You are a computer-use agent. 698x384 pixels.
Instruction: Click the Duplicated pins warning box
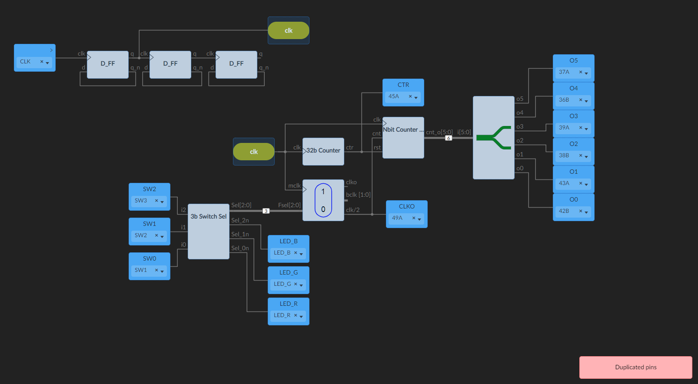[x=635, y=367]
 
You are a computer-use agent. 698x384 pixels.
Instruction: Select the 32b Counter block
[x=323, y=151]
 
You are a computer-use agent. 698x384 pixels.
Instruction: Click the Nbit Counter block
[x=403, y=137]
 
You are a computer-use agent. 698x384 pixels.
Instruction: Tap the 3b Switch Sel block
[x=208, y=231]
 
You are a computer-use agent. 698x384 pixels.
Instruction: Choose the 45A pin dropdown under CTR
[x=403, y=97]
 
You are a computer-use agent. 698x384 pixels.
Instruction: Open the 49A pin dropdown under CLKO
[x=406, y=218]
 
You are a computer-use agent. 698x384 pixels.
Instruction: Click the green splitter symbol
[x=494, y=138]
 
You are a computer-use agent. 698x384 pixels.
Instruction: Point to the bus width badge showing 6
[x=449, y=138]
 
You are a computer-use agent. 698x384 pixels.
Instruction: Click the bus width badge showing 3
[x=266, y=211]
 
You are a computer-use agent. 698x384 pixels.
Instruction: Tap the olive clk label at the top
[x=289, y=30]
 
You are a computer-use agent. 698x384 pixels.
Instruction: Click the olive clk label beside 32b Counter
[x=254, y=152]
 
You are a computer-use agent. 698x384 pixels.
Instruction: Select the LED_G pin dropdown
[x=288, y=285]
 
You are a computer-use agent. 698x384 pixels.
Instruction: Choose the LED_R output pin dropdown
[x=288, y=316]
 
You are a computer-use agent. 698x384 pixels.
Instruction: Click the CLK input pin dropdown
[x=34, y=62]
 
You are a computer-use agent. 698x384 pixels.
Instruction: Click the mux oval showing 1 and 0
[x=323, y=200]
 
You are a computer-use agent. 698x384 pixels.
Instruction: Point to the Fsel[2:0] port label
[x=289, y=205]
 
